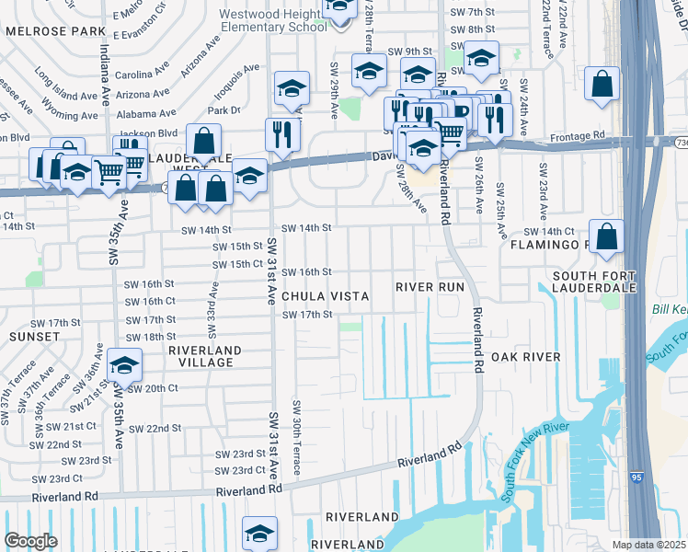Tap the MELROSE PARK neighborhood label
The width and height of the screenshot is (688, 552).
click(55, 31)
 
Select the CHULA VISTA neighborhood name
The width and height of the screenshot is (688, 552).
click(325, 296)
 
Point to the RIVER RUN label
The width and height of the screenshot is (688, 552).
click(430, 287)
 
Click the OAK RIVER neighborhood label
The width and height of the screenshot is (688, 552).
click(525, 357)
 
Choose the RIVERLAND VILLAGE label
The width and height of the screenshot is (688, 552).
click(204, 356)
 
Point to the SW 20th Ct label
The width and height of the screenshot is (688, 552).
click(153, 388)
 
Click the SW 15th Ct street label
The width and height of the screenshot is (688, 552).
click(237, 264)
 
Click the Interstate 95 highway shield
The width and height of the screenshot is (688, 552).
click(638, 477)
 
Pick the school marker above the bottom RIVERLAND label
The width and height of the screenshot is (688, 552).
click(259, 534)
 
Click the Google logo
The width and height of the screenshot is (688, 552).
click(30, 541)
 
